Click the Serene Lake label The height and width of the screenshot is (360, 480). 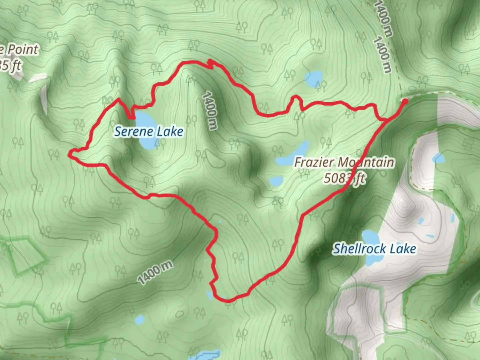[x=149, y=132]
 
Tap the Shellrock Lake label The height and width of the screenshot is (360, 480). [x=374, y=249]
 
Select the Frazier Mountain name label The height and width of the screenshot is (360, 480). [x=344, y=163]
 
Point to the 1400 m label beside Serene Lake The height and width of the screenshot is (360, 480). [x=210, y=110]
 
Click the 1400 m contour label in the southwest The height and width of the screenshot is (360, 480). [x=155, y=273]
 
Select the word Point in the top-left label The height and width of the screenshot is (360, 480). [x=23, y=50]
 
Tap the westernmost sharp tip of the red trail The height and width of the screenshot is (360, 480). [x=70, y=154]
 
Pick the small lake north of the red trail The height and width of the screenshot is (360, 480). [x=314, y=78]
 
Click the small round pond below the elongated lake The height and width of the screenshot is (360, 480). [x=276, y=181]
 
